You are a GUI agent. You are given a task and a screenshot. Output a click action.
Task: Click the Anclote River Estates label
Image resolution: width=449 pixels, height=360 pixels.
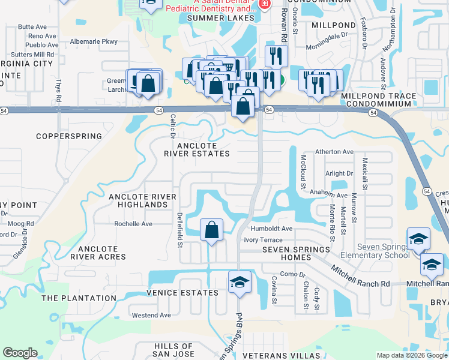tap(197, 149)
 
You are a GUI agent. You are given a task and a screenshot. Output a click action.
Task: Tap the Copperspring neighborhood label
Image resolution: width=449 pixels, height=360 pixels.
tap(69, 136)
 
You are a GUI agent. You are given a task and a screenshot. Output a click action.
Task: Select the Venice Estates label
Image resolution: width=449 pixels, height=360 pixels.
tap(182, 293)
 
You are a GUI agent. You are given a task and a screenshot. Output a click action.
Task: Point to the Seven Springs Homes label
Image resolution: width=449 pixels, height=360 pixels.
tap(296, 250)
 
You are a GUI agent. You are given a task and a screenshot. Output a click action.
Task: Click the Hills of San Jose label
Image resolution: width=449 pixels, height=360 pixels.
tap(174, 350)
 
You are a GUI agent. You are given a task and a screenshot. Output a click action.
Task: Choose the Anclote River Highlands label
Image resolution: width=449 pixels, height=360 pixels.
tap(142, 200)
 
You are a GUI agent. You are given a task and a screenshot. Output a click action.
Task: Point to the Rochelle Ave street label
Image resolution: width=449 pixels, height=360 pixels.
tap(134, 224)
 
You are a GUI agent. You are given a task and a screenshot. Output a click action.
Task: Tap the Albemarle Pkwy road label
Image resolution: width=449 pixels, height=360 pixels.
tap(94, 41)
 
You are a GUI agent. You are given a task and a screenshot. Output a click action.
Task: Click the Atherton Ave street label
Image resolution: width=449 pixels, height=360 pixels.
tap(335, 152)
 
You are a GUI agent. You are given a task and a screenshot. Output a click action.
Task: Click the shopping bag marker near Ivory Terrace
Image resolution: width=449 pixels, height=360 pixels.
tap(211, 230)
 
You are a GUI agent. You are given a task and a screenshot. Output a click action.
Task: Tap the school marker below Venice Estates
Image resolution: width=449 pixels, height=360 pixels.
tap(239, 282)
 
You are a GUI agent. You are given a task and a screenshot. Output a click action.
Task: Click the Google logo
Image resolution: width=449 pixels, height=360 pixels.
tap(20, 353)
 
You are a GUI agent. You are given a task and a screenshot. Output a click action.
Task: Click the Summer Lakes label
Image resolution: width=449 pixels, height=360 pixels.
tap(217, 18)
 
